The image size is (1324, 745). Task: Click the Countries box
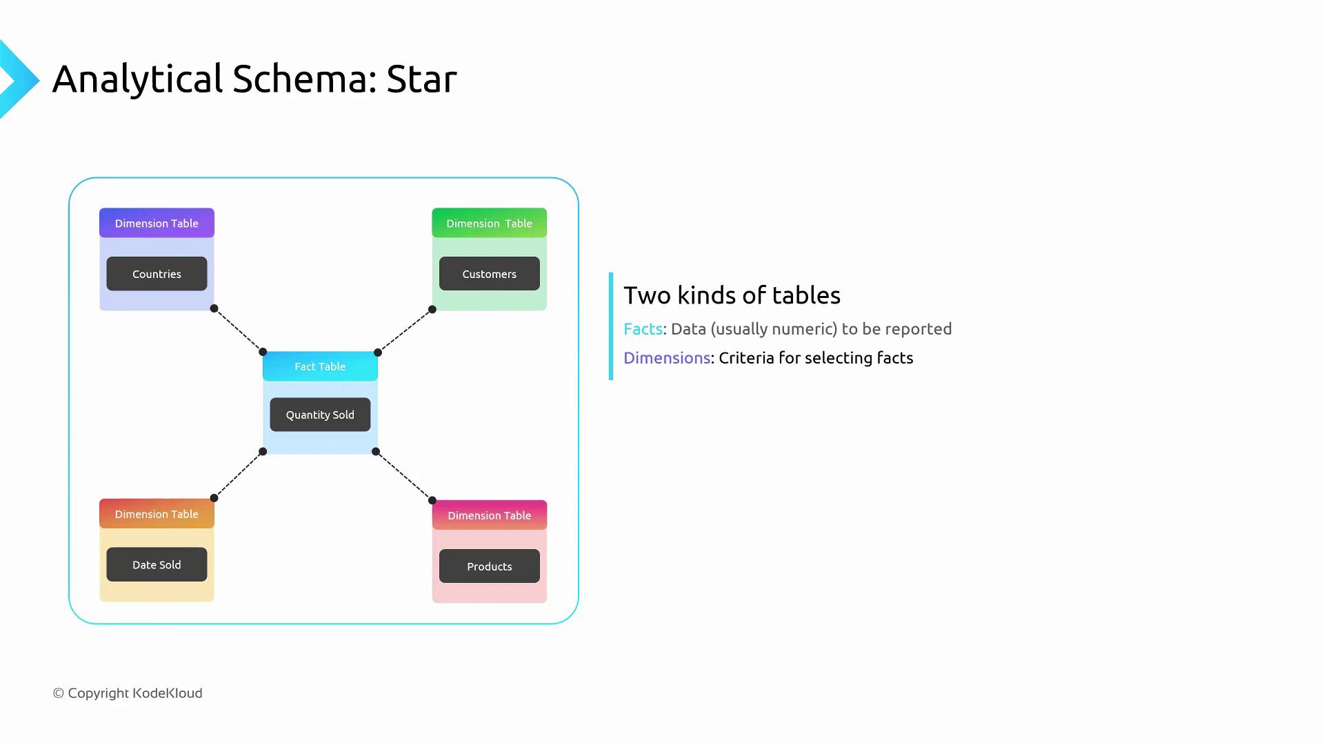tap(157, 274)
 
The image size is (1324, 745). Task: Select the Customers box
tap(489, 274)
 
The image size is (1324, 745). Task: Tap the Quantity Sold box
tap(320, 415)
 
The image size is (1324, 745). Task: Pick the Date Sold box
tap(157, 564)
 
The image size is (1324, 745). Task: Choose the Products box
tap(489, 566)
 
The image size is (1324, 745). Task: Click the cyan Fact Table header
tap(320, 366)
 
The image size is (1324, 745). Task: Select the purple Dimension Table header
tap(157, 223)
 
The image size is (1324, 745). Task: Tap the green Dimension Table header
tap(489, 223)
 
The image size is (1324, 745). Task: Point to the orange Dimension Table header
tap(157, 514)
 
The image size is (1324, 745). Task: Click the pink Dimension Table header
tap(489, 515)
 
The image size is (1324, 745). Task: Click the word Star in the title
tap(421, 79)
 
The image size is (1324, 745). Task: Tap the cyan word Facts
tap(643, 329)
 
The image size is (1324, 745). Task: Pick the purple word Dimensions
tap(666, 358)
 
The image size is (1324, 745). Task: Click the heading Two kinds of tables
tap(732, 295)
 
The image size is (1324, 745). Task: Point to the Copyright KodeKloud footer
tap(128, 693)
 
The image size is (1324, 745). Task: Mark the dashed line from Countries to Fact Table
tap(239, 330)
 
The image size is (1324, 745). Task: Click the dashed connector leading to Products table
tap(404, 476)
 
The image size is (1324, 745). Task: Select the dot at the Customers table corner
tap(432, 310)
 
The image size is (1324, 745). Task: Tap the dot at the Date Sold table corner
tap(214, 498)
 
